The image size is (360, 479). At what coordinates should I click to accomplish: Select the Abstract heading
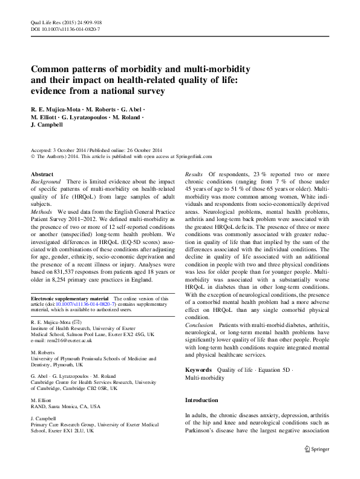(42, 174)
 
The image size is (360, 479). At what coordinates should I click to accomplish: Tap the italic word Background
(46, 182)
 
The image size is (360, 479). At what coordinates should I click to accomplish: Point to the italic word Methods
(42, 210)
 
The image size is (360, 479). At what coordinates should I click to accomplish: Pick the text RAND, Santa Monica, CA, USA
(65, 407)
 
